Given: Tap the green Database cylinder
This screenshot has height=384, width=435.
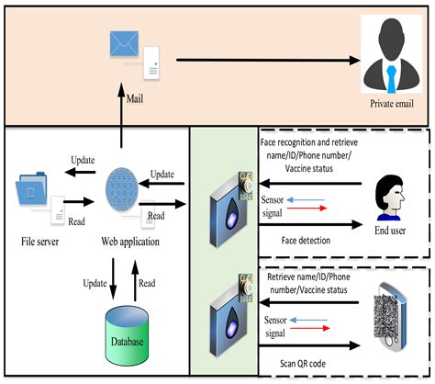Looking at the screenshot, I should (121, 332).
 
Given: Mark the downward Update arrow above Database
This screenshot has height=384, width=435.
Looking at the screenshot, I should (112, 277).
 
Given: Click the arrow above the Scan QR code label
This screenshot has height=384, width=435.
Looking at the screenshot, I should (307, 346).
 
